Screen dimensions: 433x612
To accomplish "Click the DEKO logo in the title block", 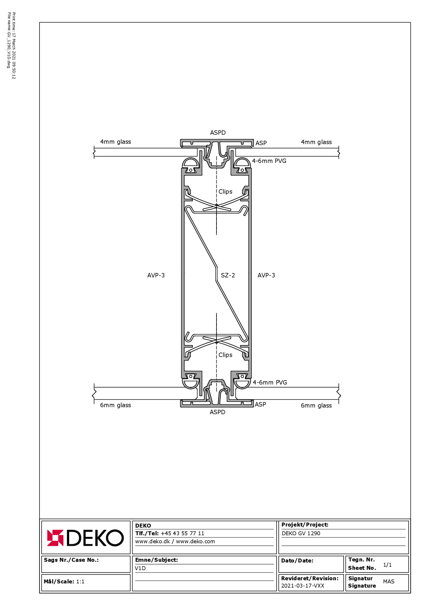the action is [85, 538].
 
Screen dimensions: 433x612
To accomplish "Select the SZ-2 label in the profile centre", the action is [228, 275].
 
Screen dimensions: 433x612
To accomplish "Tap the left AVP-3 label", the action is [156, 275].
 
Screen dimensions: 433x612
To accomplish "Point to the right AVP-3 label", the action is [266, 275].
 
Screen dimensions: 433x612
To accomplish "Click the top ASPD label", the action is [218, 133].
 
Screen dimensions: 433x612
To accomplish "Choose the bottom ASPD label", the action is [218, 412].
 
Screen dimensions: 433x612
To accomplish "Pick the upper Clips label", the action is [225, 192].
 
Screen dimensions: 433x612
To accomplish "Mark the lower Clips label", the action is [225, 355].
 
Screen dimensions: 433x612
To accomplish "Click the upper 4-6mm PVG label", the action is [269, 161].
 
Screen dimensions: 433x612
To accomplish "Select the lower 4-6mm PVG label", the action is [270, 382].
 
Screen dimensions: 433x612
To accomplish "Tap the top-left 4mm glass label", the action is [116, 142].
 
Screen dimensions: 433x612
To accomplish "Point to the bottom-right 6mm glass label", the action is [316, 405].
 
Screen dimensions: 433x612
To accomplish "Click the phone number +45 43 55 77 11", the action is [182, 533].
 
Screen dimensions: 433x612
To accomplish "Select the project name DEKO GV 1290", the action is [301, 533].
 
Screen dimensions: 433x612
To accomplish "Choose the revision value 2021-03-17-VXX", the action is [303, 585].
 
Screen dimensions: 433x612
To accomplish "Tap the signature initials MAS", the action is [389, 581].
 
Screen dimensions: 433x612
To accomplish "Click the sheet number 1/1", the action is [387, 565].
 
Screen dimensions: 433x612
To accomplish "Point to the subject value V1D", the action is [140, 568].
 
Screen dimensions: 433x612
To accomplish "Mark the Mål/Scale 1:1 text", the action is [64, 581].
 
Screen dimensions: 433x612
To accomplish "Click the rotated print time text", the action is [14, 46].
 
